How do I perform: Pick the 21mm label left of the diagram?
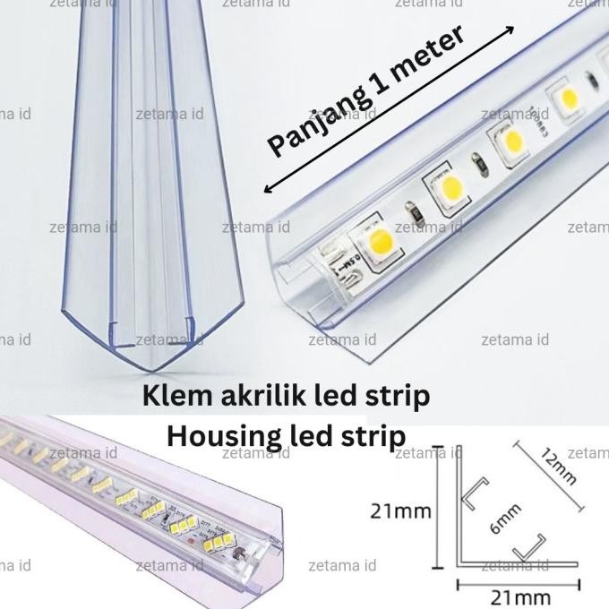point(399,512)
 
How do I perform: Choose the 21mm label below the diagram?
point(521,596)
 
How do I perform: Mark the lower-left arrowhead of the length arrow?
point(266,190)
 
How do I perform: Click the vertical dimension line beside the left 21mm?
point(438,512)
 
